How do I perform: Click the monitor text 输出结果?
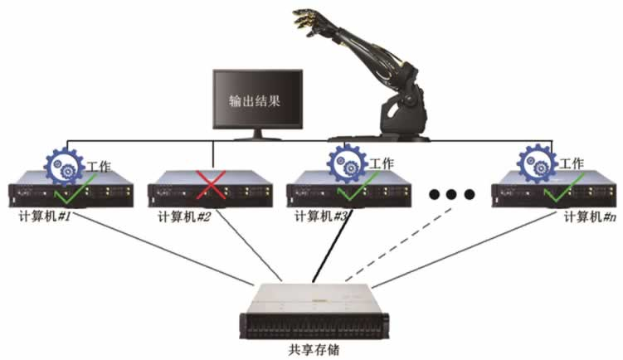point(255,100)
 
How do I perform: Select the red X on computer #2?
point(211,184)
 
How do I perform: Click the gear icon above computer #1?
point(65,166)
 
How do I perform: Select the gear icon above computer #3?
point(347,163)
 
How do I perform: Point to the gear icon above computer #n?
point(537,163)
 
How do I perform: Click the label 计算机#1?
point(45,216)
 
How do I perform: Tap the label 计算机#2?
point(184,216)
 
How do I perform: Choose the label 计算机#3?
point(321,216)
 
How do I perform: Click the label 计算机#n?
point(591,217)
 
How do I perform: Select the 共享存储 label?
point(314,350)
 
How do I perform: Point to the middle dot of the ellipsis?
point(451,194)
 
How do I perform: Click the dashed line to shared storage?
point(398,245)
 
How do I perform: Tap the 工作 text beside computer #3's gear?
point(382,163)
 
